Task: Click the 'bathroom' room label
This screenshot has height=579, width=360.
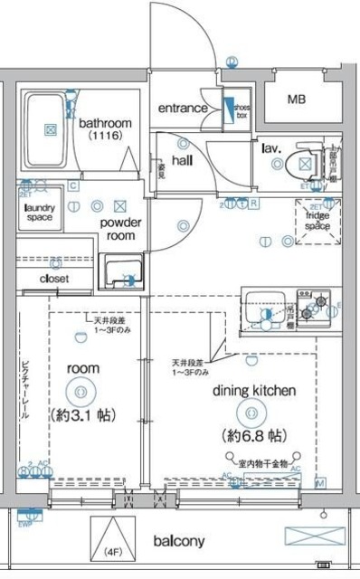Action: pos(105,123)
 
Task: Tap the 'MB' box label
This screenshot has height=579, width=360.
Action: pos(297,100)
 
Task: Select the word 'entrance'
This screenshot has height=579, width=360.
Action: pos(184,109)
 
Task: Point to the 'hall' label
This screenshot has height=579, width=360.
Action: pos(183,159)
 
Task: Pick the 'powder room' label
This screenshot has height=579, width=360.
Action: pos(117,229)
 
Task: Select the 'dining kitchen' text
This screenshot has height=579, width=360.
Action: pos(254,391)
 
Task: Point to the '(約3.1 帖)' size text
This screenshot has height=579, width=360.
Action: pos(81,417)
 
